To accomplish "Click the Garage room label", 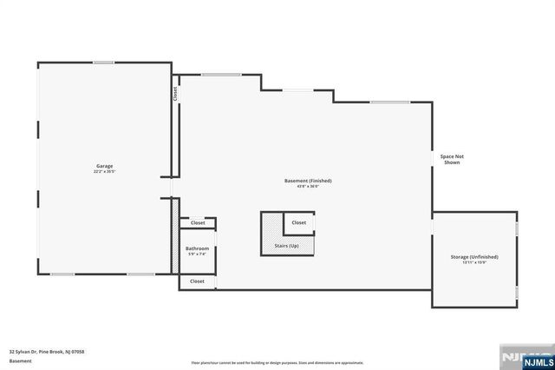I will click(104, 166).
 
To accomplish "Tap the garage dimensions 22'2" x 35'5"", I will click(104, 172).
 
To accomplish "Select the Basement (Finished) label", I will click(308, 181).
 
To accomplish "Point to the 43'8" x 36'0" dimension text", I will click(308, 187).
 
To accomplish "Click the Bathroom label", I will click(197, 248).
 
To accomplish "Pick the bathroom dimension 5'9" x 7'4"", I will click(197, 254).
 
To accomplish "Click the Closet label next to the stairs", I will click(298, 222).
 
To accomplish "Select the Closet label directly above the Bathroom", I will click(197, 223).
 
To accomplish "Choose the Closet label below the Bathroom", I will click(197, 281).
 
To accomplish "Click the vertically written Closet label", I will click(174, 94).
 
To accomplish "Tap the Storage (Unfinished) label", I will click(474, 257).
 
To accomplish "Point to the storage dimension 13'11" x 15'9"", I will click(474, 263).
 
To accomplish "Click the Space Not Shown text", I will click(452, 159).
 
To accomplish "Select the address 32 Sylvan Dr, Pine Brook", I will click(47, 352).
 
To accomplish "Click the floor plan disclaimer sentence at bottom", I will click(277, 363).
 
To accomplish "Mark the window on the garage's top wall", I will click(104, 62).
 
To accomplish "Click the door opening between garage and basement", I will click(171, 188).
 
